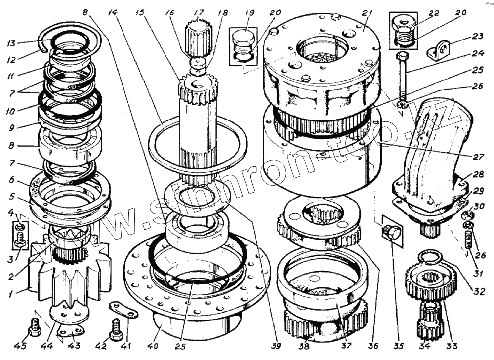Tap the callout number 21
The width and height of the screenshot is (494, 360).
(x=366, y=13)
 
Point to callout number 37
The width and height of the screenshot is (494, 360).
(x=347, y=346)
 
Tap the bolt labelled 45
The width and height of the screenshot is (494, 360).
(x=34, y=326)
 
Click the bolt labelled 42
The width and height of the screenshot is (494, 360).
(x=116, y=329)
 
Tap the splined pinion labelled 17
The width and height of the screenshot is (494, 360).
(x=198, y=39)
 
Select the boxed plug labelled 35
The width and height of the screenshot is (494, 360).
(x=392, y=231)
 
